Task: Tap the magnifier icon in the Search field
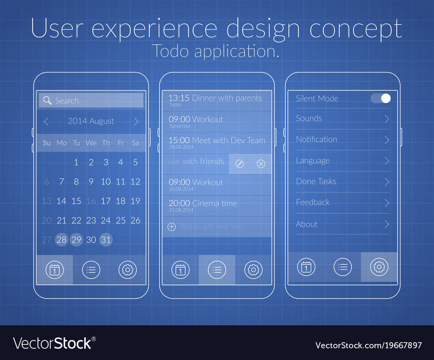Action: coord(47,100)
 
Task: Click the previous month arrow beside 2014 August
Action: coord(46,122)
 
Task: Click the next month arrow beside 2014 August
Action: coord(136,122)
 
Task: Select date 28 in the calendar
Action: coord(62,239)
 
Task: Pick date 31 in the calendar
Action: coord(105,239)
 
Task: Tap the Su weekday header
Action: coord(47,143)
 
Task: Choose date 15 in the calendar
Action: coord(76,201)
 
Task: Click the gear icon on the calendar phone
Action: coord(127,270)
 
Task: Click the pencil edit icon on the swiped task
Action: coord(240,164)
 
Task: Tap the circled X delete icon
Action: coord(261,164)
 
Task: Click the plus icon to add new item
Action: coord(171,227)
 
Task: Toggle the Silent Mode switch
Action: coord(381,98)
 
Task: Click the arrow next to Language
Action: coord(386,161)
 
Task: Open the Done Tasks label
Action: coord(316,182)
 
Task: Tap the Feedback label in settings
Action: coord(312,202)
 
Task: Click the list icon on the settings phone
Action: coord(342,267)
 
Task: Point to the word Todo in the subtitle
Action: coord(171,51)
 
